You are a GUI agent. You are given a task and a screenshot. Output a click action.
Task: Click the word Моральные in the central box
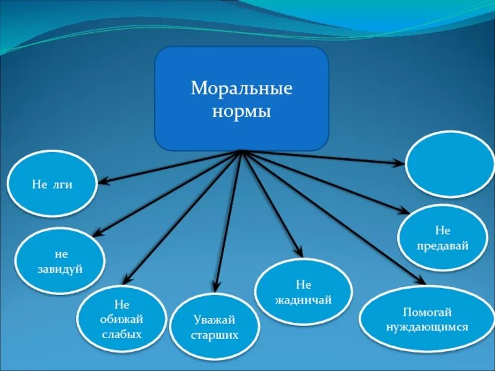pos(241,89)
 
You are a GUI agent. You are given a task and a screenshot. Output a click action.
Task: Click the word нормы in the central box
pos(241,113)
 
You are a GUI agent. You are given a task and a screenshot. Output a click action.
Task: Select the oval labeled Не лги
pos(52,184)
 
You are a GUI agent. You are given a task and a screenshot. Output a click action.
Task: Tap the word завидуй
pos(61,270)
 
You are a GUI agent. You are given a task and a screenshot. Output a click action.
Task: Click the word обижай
pos(121,319)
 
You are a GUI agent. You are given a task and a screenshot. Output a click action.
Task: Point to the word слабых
pos(121,335)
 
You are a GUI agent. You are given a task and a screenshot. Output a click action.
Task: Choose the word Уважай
pos(215,320)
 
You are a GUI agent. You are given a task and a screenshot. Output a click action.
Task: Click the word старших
pos(215,336)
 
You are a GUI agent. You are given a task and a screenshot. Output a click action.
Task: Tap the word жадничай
pos(303,300)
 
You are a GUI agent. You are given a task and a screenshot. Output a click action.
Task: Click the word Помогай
pos(426,312)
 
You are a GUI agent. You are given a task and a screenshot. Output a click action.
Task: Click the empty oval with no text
pos(450,164)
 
